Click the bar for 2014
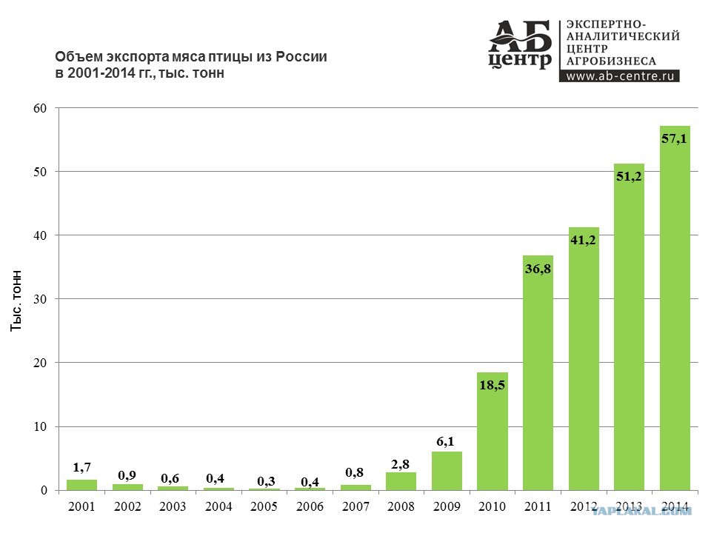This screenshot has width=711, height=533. coord(675,308)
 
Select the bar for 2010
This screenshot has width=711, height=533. coord(493,432)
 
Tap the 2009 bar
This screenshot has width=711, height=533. coord(447,471)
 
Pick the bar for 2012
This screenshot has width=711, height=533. coord(584,359)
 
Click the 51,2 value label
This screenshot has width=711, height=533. coord(629,176)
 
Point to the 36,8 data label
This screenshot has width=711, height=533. coord(538,269)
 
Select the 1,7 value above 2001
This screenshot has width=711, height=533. coord(82,467)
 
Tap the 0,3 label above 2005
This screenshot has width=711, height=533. coord(266,481)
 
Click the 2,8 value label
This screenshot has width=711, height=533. coord(401,464)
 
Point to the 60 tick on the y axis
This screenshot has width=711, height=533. coord(40,108)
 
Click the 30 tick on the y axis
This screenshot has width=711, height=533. coord(40,299)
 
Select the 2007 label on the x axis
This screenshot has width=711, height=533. coord(355,506)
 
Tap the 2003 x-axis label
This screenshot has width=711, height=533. coord(173,506)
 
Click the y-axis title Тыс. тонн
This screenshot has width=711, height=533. coord(16,301)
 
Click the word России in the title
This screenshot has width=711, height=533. coord(301,57)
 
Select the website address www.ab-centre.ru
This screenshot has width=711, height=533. coord(620,76)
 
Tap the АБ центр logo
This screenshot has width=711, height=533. coord(520,44)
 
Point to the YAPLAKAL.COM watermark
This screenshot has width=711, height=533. coord(642,512)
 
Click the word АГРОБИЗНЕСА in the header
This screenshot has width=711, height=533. coord(611,61)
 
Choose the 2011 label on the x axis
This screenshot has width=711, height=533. coord(538,506)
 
